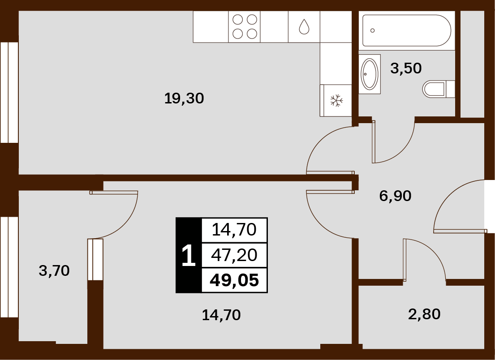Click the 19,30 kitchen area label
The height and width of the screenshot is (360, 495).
[x=184, y=99]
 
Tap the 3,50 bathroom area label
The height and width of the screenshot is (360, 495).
[x=406, y=68]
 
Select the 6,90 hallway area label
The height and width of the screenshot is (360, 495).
[x=395, y=196]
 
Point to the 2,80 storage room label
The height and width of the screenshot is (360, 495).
[x=424, y=314]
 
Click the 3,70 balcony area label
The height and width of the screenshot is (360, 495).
[x=54, y=271]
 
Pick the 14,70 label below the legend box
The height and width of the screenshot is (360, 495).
[x=221, y=315]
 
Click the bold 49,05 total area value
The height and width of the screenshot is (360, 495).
[x=234, y=280]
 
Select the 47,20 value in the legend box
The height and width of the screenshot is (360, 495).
[x=234, y=255]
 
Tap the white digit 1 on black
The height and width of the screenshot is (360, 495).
[x=189, y=256]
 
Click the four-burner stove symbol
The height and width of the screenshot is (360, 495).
[x=244, y=27]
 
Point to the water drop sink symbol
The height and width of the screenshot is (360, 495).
[x=304, y=26]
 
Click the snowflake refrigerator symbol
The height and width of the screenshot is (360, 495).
[x=336, y=100]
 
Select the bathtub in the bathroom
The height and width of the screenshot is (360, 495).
[x=407, y=30]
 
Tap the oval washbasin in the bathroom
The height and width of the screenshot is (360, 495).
[x=370, y=74]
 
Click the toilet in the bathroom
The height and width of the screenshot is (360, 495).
[x=438, y=89]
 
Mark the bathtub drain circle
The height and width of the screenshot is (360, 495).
[x=373, y=30]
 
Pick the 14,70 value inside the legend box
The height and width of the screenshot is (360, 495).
[x=234, y=230]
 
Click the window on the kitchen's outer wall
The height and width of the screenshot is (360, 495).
[x=9, y=92]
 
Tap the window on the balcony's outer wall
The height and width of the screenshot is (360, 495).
[x=9, y=267]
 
